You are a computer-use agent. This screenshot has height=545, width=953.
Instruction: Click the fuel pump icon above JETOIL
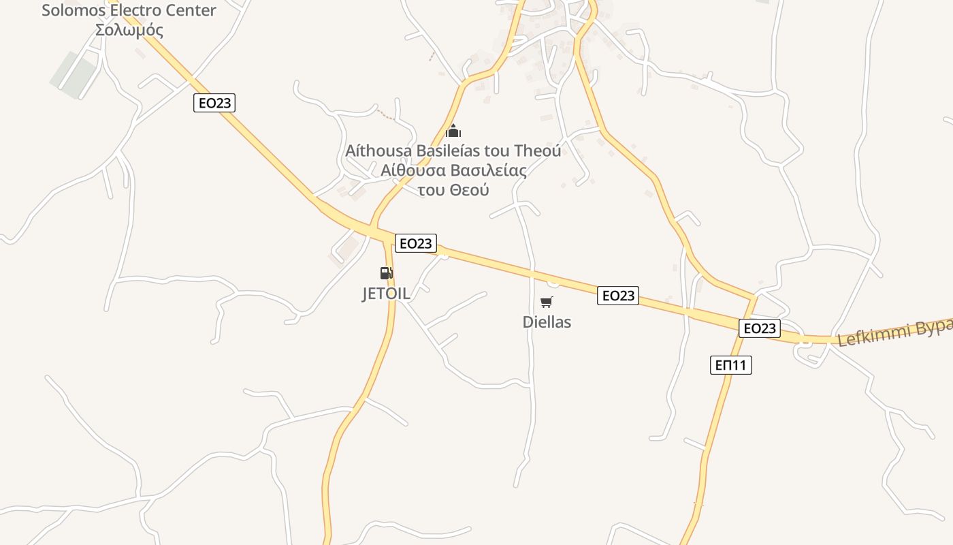pos(386,273)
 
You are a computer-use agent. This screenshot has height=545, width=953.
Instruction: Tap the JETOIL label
pos(386,294)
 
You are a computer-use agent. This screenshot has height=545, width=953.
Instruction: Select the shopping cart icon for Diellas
pos(547,302)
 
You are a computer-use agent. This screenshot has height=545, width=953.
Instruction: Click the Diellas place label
pos(547,322)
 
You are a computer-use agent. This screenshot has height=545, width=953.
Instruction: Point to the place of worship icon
pos(453,131)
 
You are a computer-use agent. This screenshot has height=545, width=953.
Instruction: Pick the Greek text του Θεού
pos(453,190)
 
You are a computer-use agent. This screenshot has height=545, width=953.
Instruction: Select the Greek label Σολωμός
pos(129,30)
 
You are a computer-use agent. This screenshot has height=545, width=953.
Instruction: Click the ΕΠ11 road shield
pos(731,365)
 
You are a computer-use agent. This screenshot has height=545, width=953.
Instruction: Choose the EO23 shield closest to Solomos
pos(214,103)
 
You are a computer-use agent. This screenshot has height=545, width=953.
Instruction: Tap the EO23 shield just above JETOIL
pos(415,243)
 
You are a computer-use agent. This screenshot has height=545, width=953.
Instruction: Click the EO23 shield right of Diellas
pos(618,295)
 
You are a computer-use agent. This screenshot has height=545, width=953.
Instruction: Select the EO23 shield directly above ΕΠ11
pos(759,328)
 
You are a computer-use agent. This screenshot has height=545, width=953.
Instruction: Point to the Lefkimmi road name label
pos(895,332)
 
